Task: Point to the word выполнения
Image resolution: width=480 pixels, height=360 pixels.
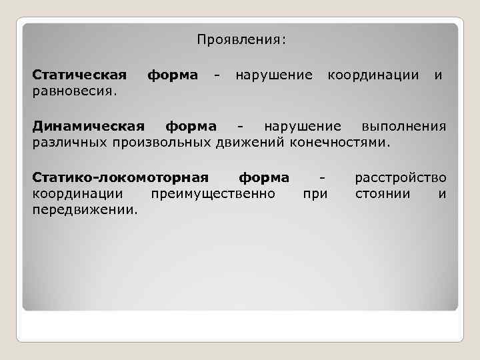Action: tap(403, 126)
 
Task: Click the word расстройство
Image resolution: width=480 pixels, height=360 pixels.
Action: tap(401, 178)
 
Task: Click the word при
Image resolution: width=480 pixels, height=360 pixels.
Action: tap(315, 194)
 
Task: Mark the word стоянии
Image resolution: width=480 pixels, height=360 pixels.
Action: tap(383, 194)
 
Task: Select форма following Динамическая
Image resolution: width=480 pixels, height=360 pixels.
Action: tap(191, 126)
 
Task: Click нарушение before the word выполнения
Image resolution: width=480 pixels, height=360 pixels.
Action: tap(303, 126)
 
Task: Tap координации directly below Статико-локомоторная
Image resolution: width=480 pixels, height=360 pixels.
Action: tap(77, 194)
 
